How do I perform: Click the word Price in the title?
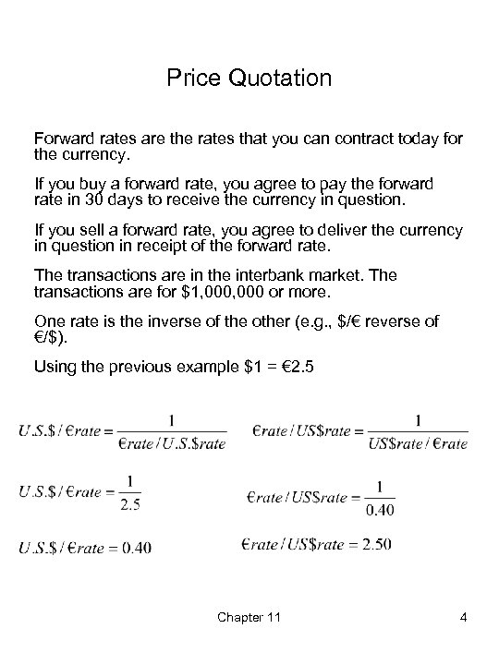[x=190, y=79]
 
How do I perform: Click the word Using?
[x=55, y=367]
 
